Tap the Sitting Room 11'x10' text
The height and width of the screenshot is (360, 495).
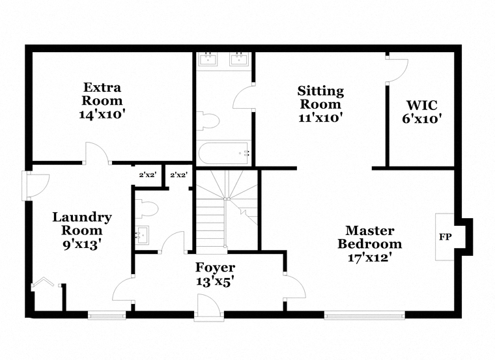pos(320,104)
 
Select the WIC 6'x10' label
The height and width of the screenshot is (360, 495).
pos(422,112)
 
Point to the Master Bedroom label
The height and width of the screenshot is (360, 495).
pos(370,244)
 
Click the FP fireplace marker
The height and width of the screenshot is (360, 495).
pos(445,236)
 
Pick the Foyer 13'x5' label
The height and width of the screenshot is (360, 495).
pos(216,274)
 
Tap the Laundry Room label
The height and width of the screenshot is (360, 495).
pos(82,230)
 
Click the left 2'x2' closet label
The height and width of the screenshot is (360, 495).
pos(148,174)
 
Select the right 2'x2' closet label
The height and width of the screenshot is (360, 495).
pos(179,174)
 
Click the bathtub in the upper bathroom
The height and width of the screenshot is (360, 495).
pos(223,154)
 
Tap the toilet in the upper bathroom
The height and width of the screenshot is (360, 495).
pos(208,121)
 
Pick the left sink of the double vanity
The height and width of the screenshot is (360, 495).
pos(208,59)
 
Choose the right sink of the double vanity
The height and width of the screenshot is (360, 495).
pos(239,59)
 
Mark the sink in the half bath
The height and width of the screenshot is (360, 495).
pos(142,236)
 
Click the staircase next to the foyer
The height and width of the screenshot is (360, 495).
pos(227,212)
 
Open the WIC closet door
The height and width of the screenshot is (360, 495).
pos(398,70)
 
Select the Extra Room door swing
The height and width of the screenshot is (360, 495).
pos(97,153)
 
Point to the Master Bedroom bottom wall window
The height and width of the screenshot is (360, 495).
pos(365,315)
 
